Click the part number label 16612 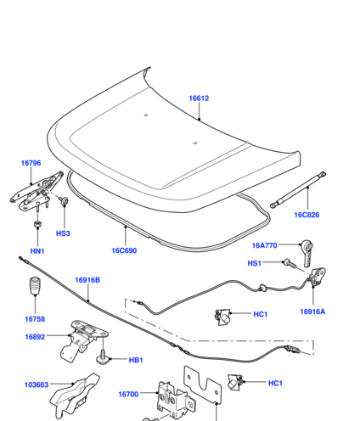pyautogui.click(x=199, y=98)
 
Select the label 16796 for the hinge pyautogui.click(x=31, y=163)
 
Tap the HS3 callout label pyautogui.click(x=63, y=233)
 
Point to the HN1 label pyautogui.click(x=37, y=251)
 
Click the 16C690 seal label pyautogui.click(x=124, y=250)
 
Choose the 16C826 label pyautogui.click(x=307, y=215)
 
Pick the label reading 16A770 pyautogui.click(x=264, y=245)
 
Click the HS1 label pyautogui.click(x=254, y=263)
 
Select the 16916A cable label pyautogui.click(x=312, y=312)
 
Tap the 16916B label pyautogui.click(x=87, y=280)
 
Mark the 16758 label pyautogui.click(x=35, y=319)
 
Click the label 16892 pyautogui.click(x=35, y=337)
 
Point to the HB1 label pyautogui.click(x=136, y=360)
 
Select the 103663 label pyautogui.click(x=37, y=385)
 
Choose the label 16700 pyautogui.click(x=128, y=394)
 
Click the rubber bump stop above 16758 pyautogui.click(x=35, y=285)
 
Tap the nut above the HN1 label pyautogui.click(x=37, y=223)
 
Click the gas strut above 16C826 pyautogui.click(x=298, y=190)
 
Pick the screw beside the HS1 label pyautogui.click(x=290, y=263)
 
